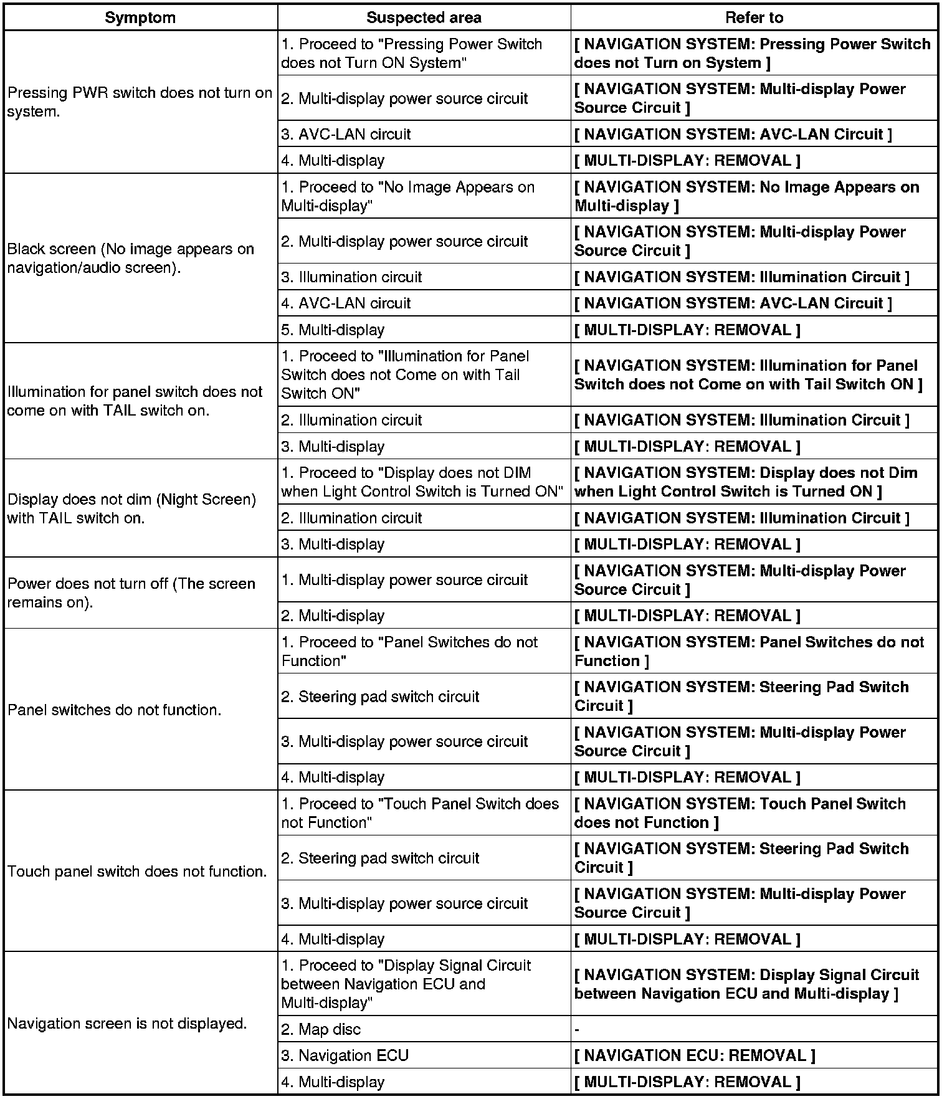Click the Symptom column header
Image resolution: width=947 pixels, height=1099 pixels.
point(140,17)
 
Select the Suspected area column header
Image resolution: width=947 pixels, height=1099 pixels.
point(424,17)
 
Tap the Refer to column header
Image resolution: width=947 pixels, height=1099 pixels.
point(754,17)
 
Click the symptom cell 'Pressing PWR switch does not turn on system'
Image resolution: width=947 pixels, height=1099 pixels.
point(140,102)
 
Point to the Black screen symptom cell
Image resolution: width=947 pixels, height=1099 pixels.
point(131,258)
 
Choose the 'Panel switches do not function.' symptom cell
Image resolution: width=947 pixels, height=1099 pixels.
point(115,710)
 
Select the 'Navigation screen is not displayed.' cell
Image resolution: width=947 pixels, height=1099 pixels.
point(127,1023)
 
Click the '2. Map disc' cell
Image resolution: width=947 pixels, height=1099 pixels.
point(321,1029)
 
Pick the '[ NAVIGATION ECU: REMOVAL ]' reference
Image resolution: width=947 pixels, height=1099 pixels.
point(694,1055)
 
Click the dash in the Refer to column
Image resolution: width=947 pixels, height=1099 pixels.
point(578,1029)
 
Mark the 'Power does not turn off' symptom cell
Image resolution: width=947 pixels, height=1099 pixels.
point(131,593)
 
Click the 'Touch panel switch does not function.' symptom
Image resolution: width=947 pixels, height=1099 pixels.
point(137,871)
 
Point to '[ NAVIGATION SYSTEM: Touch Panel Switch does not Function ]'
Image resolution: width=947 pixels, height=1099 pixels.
point(740,813)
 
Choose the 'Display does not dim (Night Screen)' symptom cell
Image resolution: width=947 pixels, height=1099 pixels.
point(131,508)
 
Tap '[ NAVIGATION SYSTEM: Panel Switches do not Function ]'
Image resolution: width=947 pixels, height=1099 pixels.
point(749,651)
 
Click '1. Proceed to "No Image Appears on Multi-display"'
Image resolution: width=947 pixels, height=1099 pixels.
point(407,196)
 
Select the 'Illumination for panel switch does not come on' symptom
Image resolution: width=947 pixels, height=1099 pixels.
point(135,401)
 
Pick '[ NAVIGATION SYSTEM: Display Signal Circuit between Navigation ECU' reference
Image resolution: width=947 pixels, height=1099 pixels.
point(746,984)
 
